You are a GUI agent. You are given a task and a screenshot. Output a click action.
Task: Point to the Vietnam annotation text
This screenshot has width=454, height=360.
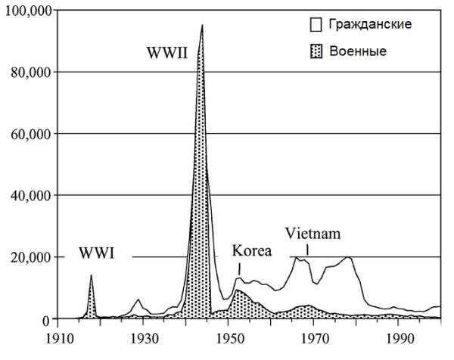pos(313,234)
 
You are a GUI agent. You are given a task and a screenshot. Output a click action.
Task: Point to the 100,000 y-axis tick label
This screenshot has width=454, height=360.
pos(26,11)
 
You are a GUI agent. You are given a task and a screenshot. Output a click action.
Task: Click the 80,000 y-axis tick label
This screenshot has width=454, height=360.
pos(28,73)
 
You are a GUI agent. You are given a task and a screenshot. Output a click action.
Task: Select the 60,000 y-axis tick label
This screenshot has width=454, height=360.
pos(28,134)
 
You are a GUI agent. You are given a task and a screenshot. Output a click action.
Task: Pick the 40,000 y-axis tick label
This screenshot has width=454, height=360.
pos(28,196)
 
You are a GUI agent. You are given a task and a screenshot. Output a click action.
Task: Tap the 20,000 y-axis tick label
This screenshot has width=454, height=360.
pos(28,258)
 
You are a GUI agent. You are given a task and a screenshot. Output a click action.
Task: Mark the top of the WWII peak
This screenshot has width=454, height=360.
pos(202,25)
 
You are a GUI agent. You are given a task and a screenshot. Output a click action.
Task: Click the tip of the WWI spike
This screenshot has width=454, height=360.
pos(91,275)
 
